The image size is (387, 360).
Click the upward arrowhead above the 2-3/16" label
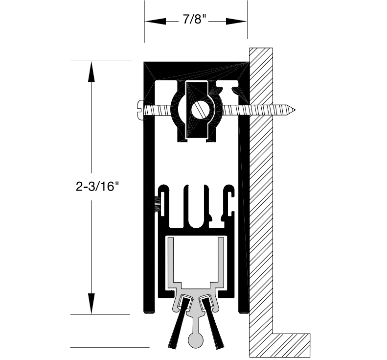click(91, 71)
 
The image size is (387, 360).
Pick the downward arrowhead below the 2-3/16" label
click(91, 303)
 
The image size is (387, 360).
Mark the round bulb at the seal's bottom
click(196, 339)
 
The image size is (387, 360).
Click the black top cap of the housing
click(196, 68)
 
